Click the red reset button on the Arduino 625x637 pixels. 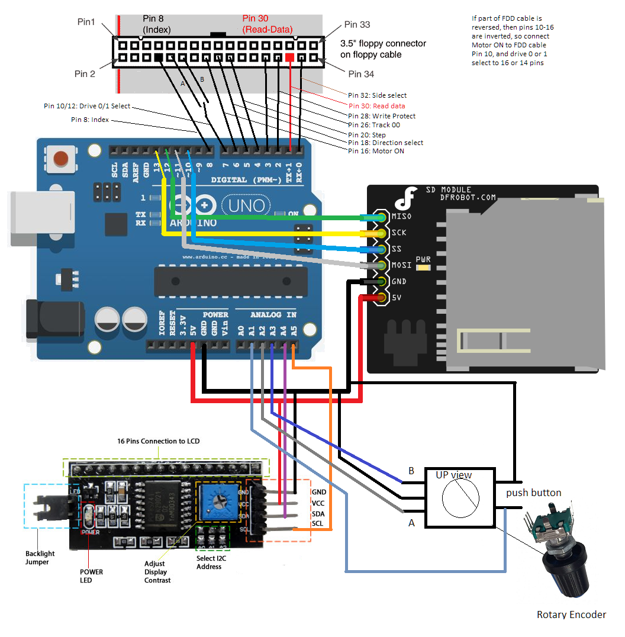click(60, 159)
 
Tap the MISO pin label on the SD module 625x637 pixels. click(401, 217)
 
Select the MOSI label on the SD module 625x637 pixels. click(401, 265)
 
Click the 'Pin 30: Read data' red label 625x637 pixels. click(377, 105)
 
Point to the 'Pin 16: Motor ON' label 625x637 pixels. click(376, 151)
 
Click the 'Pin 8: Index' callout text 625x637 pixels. click(90, 120)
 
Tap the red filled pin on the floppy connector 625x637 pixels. click(289, 57)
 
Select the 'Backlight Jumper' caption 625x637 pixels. click(40, 558)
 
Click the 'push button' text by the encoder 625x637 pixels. click(533, 493)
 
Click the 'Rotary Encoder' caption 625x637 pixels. click(571, 615)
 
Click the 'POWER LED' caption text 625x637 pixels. click(91, 576)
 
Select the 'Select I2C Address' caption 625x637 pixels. click(209, 562)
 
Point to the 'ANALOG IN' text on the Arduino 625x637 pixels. click(273, 314)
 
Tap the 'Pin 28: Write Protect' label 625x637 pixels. click(382, 116)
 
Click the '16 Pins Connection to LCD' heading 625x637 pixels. click(158, 442)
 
